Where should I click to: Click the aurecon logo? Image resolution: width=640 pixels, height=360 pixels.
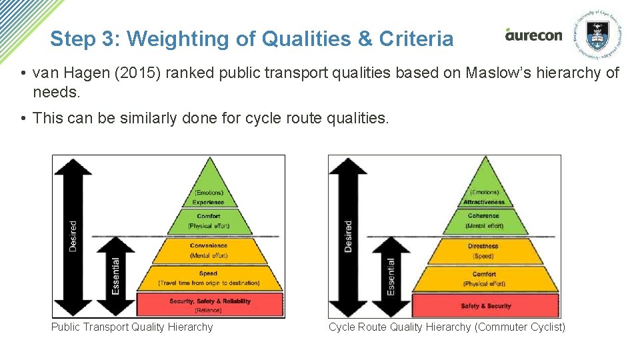533,35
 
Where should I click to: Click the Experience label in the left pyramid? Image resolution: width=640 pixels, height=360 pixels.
208,202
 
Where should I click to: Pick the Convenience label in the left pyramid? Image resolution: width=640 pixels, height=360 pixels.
209,245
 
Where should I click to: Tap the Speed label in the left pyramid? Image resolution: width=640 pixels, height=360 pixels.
208,273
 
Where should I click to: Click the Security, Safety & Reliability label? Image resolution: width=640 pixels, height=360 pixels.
210,301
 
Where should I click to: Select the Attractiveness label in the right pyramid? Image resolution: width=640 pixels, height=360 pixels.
485,202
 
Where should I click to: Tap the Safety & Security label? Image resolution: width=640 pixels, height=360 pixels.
485,306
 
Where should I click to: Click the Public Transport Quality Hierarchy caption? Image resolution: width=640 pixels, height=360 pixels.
132,327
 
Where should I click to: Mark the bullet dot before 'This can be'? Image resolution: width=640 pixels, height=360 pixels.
23,119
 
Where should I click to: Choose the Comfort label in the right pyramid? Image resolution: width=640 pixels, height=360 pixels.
484,274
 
